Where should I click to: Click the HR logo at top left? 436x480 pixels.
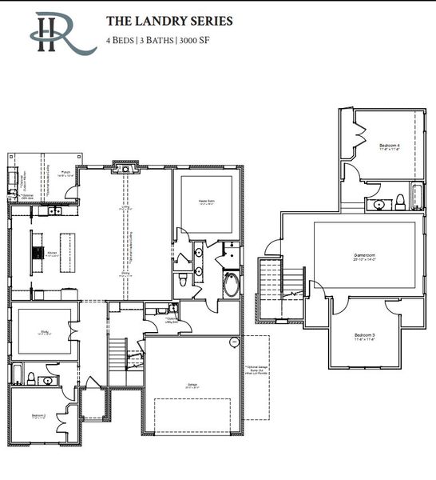click(60, 32)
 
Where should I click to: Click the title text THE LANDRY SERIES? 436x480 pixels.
click(169, 21)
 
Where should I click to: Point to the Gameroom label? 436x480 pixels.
click(365, 257)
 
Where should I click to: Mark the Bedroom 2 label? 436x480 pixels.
click(37, 416)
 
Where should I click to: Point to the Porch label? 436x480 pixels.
click(68, 171)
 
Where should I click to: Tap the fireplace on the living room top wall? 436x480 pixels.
click(124, 167)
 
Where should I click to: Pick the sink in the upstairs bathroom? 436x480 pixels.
click(381, 205)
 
